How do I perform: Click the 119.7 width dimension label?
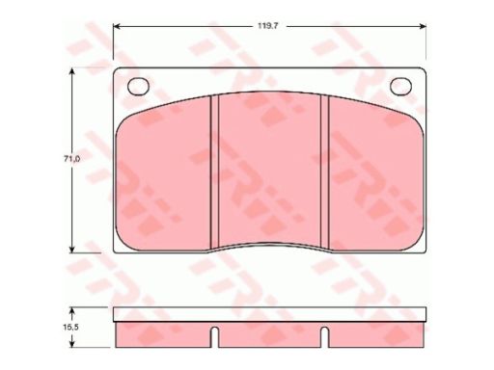(x=267, y=26)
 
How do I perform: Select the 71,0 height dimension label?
(x=71, y=159)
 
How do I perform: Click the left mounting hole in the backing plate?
(x=139, y=87)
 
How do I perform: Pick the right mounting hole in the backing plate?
(x=401, y=87)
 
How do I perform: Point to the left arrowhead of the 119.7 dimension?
(x=117, y=26)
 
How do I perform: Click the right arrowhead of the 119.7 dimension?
(x=423, y=26)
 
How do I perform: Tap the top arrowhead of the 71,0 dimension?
(x=72, y=71)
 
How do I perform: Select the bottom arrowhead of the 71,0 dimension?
(x=72, y=249)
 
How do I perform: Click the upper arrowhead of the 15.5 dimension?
(x=72, y=311)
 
